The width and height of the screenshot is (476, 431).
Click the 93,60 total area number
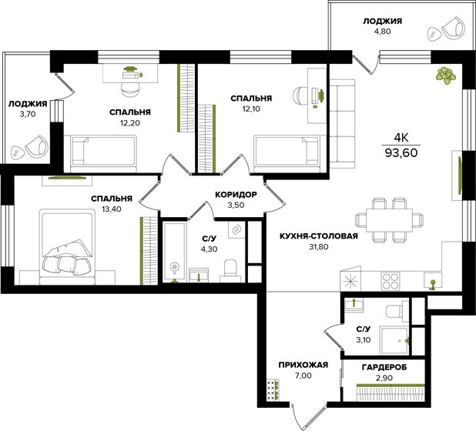coord(401,152)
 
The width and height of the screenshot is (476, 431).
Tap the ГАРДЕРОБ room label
coord(384,367)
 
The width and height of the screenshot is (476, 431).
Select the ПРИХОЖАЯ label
coord(303,365)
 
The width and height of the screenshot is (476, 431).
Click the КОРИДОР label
coord(236,195)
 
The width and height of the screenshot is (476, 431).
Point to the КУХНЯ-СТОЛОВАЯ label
coord(319,236)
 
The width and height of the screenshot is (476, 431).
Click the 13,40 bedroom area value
coord(112,209)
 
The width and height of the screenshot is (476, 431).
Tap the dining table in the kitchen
coord(389,220)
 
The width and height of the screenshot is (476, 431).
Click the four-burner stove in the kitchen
coord(391,281)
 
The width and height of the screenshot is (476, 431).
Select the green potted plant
coord(446,75)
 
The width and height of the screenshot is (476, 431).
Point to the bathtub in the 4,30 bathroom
coord(174,252)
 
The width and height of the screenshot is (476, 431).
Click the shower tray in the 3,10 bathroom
coord(395,340)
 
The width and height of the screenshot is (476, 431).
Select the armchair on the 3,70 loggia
coord(36,146)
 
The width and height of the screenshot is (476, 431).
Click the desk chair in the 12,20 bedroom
coord(130,89)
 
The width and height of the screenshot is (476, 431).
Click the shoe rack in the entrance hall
coord(273,390)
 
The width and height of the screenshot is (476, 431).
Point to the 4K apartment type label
coord(401,139)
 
